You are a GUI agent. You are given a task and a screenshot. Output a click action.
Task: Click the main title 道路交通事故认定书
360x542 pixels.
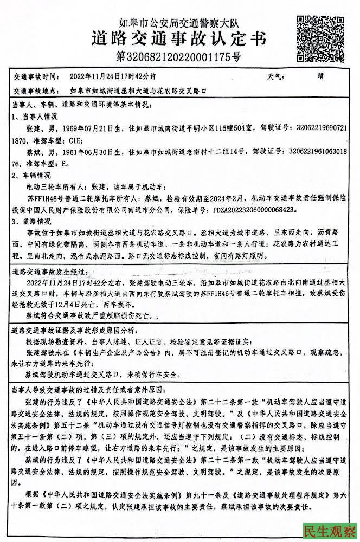click(x=179, y=40)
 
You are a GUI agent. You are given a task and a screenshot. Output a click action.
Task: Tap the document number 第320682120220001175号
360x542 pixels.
click(x=178, y=56)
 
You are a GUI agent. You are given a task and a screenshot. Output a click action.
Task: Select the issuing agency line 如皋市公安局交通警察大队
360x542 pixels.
click(x=179, y=23)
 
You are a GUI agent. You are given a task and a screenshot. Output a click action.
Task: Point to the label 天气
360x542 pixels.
click(x=274, y=76)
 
